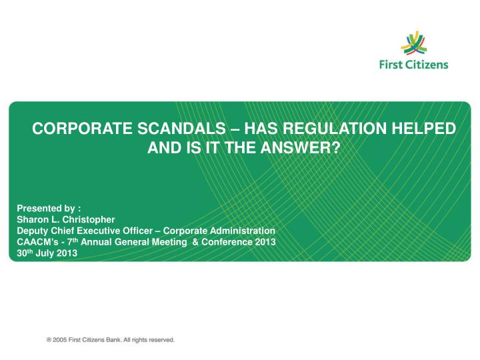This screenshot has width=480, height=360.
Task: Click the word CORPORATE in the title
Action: click(79, 128)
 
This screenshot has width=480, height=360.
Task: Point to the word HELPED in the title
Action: click(415, 128)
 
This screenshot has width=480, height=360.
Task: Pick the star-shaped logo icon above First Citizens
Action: click(414, 43)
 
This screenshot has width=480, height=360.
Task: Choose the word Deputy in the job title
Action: click(32, 230)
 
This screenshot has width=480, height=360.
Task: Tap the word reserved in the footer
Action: click(159, 339)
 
